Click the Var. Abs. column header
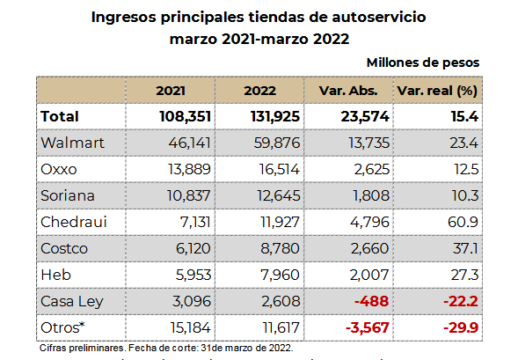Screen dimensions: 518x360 (348, 91)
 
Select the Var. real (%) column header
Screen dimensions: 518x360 (437, 91)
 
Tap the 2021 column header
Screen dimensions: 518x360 (171, 91)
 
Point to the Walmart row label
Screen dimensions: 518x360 (72, 143)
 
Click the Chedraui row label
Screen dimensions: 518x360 (74, 222)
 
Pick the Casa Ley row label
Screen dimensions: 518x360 (72, 302)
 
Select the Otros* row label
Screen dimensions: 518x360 (62, 327)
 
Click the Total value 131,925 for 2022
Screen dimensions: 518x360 (275, 116)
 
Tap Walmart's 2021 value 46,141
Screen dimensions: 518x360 (190, 143)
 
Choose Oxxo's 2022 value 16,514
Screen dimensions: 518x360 (280, 169)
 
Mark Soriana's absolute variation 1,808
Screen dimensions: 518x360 (371, 195)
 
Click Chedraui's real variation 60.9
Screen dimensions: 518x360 (463, 222)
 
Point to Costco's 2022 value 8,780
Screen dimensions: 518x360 (281, 248)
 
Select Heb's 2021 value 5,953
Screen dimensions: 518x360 (193, 275)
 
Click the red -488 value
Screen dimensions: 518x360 (371, 301)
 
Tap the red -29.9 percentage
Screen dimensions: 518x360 (461, 327)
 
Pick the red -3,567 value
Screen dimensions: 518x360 (368, 327)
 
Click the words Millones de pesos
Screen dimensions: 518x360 (423, 62)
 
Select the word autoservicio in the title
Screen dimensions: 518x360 (379, 17)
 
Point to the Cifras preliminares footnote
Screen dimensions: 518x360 (166, 348)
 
